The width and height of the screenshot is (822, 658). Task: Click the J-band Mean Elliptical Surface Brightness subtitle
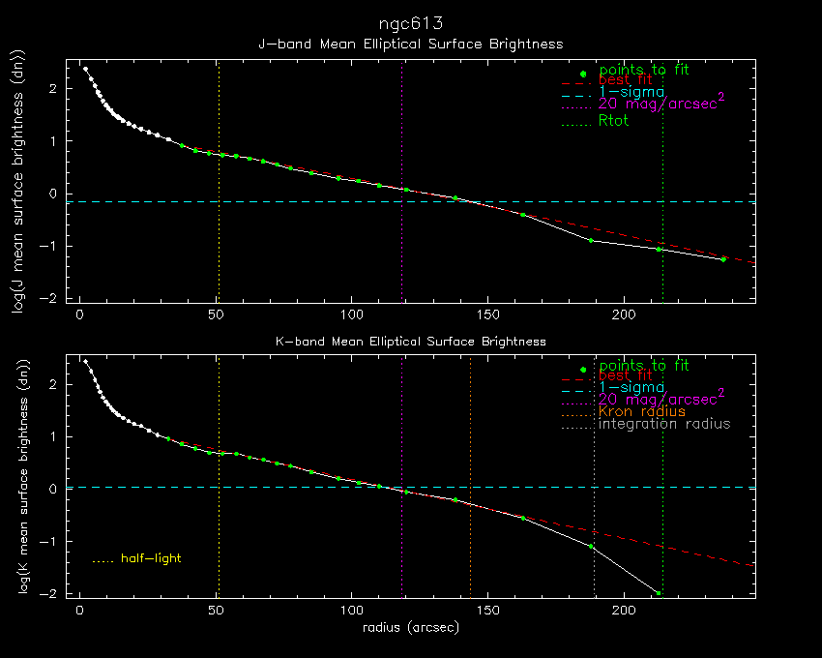[x=410, y=44]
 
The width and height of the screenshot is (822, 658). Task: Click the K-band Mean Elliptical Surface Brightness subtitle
[x=410, y=342]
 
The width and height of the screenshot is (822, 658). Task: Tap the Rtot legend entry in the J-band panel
[x=614, y=121]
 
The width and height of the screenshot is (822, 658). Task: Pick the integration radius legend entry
[x=664, y=424]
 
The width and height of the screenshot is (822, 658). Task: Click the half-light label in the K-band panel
[x=151, y=558]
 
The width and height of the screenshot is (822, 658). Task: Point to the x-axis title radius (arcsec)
[x=410, y=627]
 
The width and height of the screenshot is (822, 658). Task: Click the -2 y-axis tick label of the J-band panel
[x=54, y=298]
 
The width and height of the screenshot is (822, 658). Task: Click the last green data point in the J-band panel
[x=722, y=259]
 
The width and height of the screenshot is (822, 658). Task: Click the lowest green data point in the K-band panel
[x=659, y=593]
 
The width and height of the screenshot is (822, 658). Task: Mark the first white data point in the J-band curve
[x=85, y=69]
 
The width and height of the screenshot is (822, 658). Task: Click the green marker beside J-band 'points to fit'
[x=582, y=75]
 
